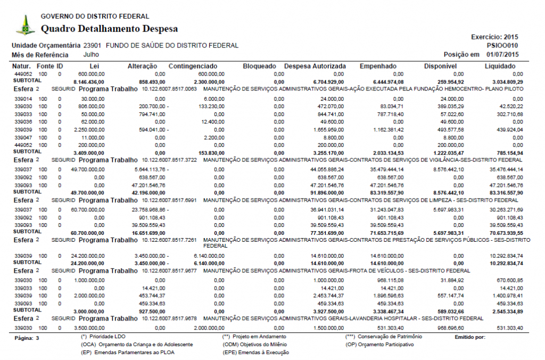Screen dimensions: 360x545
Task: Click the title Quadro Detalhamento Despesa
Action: (109, 29)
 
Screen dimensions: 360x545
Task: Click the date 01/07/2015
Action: (502, 54)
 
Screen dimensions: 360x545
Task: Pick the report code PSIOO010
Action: (502, 46)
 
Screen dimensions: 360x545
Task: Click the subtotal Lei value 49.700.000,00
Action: (86, 192)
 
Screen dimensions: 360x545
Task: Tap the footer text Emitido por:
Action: (470, 337)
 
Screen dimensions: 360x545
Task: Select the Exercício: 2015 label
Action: (494, 37)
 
